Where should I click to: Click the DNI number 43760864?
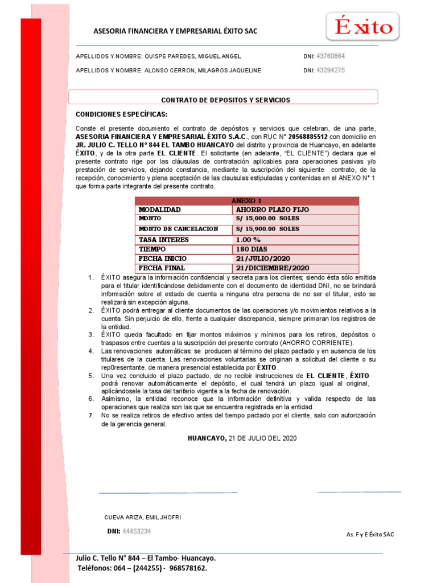tap(331, 56)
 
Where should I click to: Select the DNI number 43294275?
tap(331, 71)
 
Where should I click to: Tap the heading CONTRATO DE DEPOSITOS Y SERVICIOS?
tap(225, 100)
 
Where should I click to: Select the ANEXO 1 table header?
tap(247, 201)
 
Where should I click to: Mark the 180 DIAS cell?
tap(252, 249)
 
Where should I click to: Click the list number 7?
tap(90, 416)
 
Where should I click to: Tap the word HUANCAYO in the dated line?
tap(207, 438)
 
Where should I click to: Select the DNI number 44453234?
tap(137, 531)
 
